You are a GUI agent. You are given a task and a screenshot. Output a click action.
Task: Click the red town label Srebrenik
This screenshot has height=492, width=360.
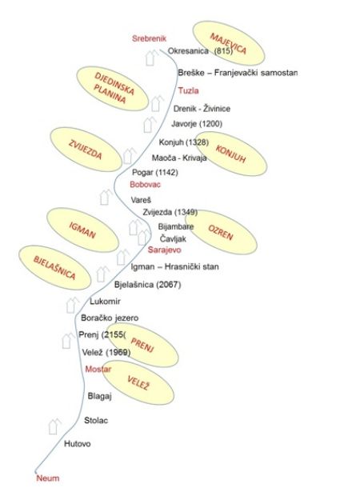(x=149, y=38)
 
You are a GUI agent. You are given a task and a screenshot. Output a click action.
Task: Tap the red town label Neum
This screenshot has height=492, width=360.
(x=48, y=478)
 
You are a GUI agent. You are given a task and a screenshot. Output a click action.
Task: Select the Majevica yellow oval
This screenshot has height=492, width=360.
(x=229, y=43)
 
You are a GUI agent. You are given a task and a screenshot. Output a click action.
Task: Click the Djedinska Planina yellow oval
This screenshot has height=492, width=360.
(x=112, y=89)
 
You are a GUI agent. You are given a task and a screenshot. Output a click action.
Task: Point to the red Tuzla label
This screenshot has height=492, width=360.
(x=188, y=90)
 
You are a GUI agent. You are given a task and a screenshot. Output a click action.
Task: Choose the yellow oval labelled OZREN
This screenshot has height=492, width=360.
(x=221, y=232)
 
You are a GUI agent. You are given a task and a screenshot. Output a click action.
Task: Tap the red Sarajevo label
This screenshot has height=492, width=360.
(x=165, y=250)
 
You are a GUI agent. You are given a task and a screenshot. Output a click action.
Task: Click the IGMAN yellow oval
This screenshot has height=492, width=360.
(x=82, y=230)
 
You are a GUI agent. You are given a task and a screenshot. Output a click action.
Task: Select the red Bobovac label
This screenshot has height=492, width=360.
(x=145, y=184)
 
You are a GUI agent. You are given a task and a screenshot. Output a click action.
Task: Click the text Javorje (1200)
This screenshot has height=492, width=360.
(x=197, y=124)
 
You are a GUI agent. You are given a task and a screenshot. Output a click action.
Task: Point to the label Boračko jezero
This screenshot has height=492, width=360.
(x=110, y=318)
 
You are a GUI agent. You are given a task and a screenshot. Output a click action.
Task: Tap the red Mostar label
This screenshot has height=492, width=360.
(x=98, y=369)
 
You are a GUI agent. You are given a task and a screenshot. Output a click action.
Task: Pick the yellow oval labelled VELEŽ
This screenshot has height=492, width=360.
(x=138, y=382)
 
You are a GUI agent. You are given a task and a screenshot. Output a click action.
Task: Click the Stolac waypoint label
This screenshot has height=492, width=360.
(x=96, y=420)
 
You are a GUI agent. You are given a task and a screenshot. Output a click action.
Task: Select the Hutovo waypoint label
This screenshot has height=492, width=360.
(x=78, y=444)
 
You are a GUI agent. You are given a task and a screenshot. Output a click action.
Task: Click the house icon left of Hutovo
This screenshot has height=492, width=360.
(x=54, y=426)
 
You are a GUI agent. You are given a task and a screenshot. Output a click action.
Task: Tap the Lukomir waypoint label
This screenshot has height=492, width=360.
(x=105, y=302)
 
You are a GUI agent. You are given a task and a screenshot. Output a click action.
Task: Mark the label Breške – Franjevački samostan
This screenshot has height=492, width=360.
(x=238, y=73)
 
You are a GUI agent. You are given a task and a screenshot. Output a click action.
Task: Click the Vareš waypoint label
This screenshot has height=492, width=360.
(x=141, y=200)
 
